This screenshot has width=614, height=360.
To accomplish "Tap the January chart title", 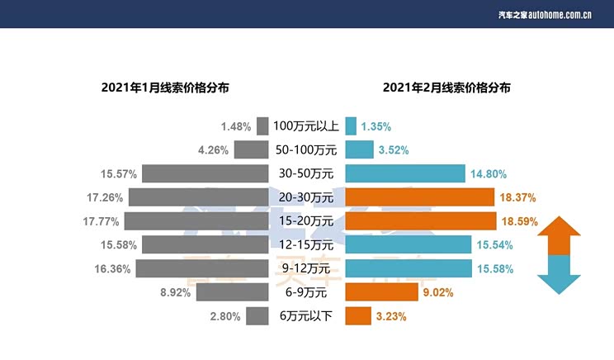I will tap(165, 86).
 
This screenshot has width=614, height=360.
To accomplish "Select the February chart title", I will tap(446, 86).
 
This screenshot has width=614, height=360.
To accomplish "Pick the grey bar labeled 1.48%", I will tap(262, 126).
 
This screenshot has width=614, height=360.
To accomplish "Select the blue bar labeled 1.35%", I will tap(351, 126).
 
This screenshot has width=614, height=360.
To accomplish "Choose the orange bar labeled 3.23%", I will tap(358, 316).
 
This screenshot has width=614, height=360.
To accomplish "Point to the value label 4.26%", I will tap(212, 150).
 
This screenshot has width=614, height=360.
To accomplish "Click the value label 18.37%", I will tap(518, 198).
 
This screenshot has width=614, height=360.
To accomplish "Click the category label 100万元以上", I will tap(306, 126).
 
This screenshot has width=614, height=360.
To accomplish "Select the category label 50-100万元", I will tap(306, 150).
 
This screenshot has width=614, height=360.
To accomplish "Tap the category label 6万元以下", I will tap(306, 316).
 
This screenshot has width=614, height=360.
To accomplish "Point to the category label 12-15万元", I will tap(306, 245).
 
